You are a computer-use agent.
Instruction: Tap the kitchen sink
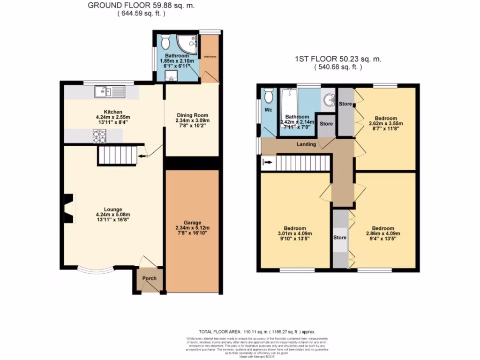click(x=108, y=92)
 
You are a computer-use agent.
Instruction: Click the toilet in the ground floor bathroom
click(x=165, y=43)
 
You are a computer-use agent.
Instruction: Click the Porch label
click(x=150, y=278)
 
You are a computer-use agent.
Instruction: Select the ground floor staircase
click(x=117, y=155)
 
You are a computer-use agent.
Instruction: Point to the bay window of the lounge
click(x=95, y=270)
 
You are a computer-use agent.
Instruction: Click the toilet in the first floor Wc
click(x=269, y=96)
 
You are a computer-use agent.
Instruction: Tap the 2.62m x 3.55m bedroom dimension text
click(x=386, y=124)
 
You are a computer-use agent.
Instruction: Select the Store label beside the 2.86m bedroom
click(x=340, y=238)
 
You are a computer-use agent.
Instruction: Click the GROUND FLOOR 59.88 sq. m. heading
click(x=141, y=6)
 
